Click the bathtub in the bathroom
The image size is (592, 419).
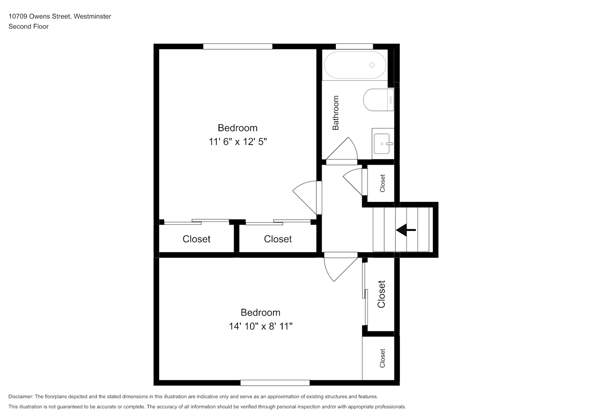tap(355, 65)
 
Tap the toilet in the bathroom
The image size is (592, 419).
tap(378, 100)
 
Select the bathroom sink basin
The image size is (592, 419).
tap(382, 144)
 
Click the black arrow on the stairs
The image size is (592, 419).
tap(406, 230)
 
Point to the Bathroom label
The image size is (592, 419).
tap(336, 113)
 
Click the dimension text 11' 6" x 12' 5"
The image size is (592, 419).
tap(237, 142)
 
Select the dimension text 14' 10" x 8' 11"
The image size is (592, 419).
tap(260, 326)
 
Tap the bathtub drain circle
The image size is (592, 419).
tap(372, 65)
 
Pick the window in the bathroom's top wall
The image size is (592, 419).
tap(355, 46)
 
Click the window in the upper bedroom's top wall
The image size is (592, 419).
tap(237, 46)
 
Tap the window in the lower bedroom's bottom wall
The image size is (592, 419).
tap(275, 383)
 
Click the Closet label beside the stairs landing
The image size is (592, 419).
tap(382, 183)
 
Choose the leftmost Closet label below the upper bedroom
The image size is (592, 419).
tap(196, 239)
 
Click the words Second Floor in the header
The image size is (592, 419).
tap(28, 26)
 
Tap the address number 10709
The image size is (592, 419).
tap(18, 16)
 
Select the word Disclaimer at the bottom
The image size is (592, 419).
tap(21, 396)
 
